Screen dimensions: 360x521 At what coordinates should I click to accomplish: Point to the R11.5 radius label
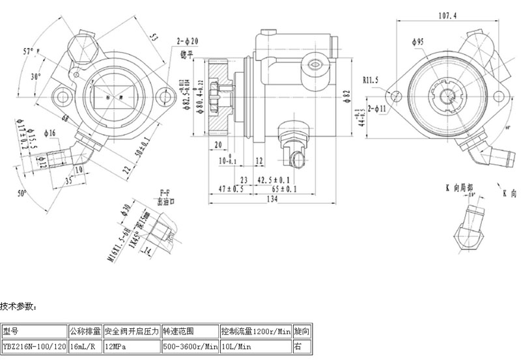click(371, 80)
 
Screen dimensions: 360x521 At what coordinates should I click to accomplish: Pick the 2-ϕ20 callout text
click(187, 41)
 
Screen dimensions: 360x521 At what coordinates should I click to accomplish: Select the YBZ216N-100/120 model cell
click(33, 347)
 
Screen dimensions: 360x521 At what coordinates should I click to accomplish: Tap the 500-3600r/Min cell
click(190, 347)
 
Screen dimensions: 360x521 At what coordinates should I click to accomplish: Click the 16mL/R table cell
click(85, 347)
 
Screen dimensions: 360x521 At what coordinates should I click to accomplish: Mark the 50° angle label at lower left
click(23, 193)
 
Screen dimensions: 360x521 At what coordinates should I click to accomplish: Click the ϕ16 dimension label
click(50, 133)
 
